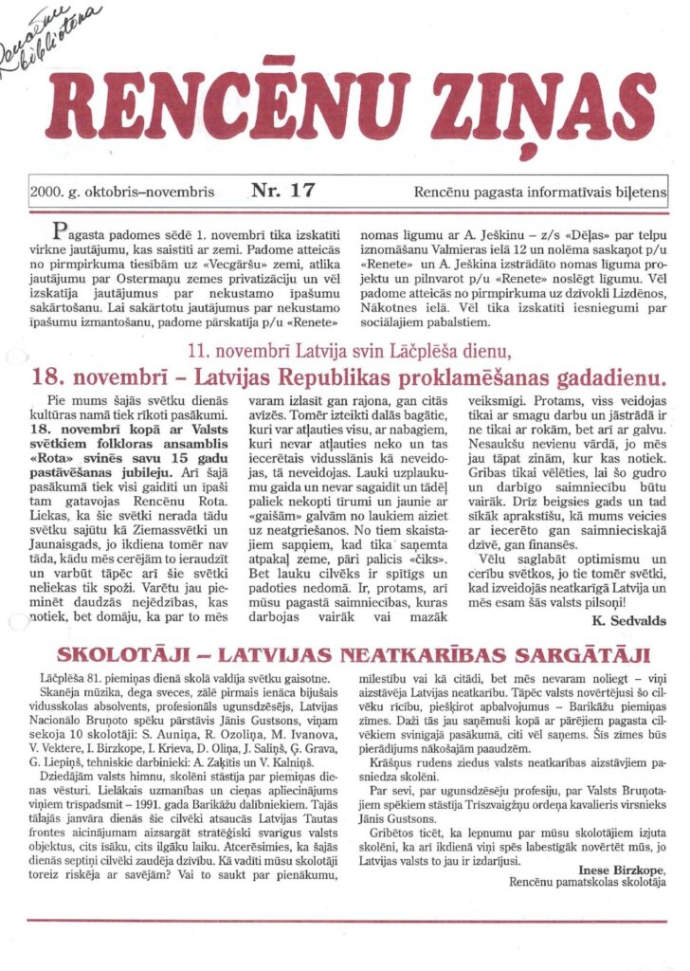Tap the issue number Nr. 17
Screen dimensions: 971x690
[282, 191]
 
